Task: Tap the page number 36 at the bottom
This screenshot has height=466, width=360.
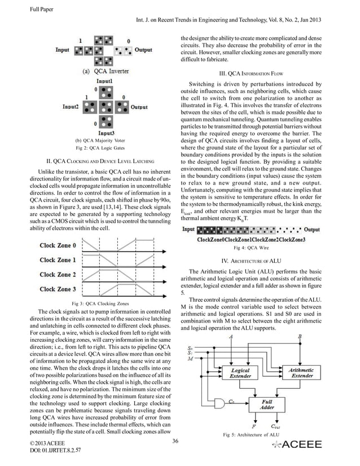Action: (175, 441)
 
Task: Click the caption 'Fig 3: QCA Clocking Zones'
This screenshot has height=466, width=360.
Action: (89, 304)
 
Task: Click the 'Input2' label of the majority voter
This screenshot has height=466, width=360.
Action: (70, 106)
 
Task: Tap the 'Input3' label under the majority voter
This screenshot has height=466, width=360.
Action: (106, 133)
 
